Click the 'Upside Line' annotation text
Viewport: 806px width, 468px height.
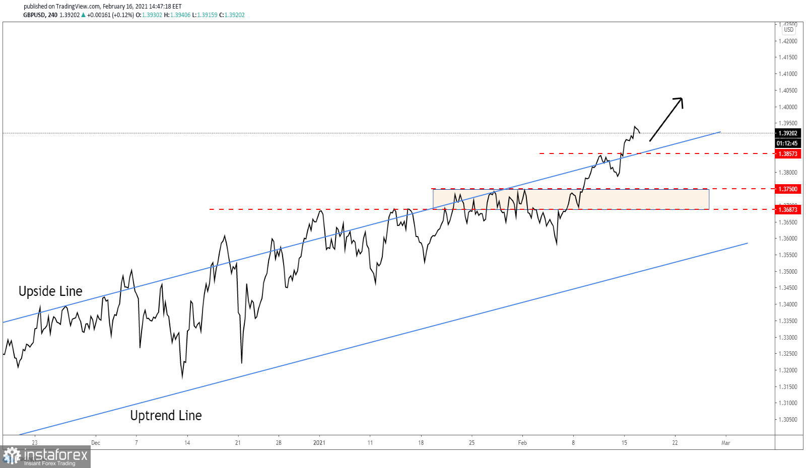tap(50, 291)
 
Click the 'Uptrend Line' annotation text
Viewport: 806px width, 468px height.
tap(166, 416)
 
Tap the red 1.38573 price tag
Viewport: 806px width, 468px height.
tap(788, 154)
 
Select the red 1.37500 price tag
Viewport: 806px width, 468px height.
tap(788, 189)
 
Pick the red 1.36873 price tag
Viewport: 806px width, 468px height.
tap(788, 210)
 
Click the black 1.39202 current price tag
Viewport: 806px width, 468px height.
tap(788, 133)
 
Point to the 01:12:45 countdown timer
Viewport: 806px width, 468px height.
tap(787, 143)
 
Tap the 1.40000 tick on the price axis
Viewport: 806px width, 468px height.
tap(788, 107)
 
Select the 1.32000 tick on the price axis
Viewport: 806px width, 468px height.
tap(788, 370)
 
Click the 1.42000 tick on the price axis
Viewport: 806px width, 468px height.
tap(788, 41)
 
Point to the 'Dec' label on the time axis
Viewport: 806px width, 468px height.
tap(96, 443)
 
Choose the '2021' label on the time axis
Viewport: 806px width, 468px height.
tap(319, 443)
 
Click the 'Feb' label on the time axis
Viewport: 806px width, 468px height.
tap(522, 443)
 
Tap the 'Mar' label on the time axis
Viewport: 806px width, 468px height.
tap(725, 443)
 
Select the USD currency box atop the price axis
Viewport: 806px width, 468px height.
tap(788, 30)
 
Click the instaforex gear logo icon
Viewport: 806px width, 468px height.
tap(12, 456)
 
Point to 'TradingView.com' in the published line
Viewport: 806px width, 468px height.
tap(78, 7)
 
